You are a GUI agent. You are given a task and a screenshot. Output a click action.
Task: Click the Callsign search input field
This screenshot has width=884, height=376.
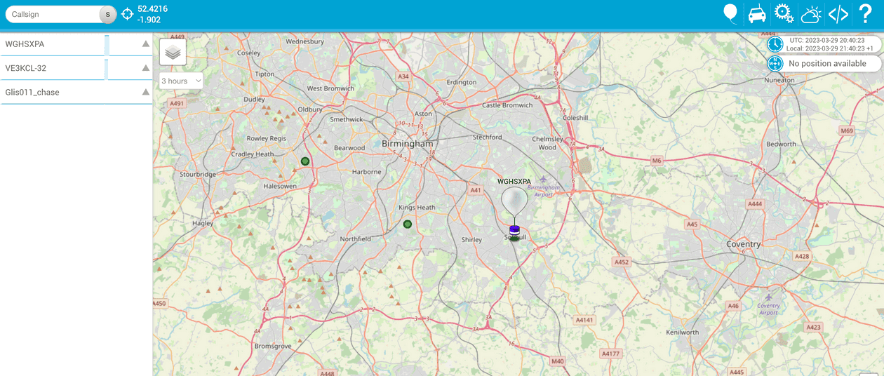tap(53, 14)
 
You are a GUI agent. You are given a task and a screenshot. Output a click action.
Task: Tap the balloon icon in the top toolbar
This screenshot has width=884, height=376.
tap(730, 13)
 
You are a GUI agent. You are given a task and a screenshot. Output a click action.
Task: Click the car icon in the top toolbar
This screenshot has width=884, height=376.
tap(757, 14)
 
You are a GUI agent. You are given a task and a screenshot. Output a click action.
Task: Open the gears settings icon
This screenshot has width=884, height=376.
tap(784, 14)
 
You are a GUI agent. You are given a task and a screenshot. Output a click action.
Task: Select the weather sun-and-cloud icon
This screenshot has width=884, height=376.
tap(811, 14)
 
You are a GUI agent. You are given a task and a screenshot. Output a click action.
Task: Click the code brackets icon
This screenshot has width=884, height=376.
tap(838, 14)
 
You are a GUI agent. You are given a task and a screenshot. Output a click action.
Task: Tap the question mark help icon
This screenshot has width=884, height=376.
tap(865, 14)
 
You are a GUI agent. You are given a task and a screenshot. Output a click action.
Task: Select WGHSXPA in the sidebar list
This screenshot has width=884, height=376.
tap(53, 44)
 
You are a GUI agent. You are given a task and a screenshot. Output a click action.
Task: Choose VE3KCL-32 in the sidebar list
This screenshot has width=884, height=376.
tap(53, 68)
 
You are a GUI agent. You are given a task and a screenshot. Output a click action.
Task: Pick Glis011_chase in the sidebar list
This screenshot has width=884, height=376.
tap(53, 92)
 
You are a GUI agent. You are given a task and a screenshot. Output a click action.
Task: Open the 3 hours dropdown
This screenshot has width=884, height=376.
tap(181, 81)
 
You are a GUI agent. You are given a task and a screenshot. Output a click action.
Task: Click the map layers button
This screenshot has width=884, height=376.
tap(173, 52)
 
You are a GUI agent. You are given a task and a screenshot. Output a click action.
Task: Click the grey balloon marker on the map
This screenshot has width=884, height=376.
tap(514, 201)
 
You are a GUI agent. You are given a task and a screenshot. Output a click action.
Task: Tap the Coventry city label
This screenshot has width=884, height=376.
tap(743, 244)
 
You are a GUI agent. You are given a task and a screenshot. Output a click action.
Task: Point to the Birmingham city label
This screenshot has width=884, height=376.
tap(408, 143)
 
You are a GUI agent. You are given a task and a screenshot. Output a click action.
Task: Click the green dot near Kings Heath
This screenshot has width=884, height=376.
tap(408, 224)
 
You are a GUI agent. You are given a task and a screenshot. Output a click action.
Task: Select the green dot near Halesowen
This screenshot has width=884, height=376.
tap(305, 161)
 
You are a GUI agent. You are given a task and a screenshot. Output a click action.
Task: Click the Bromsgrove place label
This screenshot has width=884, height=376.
tap(272, 346)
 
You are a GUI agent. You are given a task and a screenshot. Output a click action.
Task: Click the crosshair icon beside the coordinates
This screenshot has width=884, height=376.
tap(128, 14)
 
